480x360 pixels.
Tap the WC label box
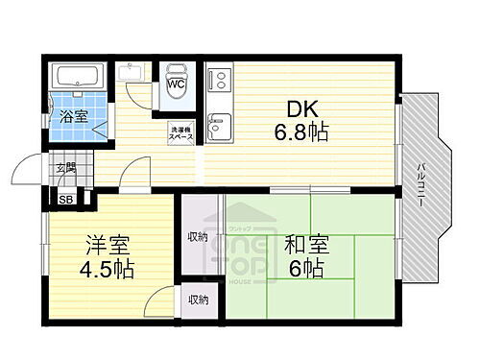click(x=177, y=84)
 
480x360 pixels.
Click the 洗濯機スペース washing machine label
click(x=181, y=133)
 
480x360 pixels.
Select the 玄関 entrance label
click(x=64, y=169)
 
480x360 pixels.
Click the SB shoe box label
click(x=65, y=200)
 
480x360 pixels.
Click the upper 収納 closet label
click(x=198, y=236)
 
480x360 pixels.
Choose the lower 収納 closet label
click(x=198, y=300)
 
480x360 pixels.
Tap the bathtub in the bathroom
click(x=78, y=76)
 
